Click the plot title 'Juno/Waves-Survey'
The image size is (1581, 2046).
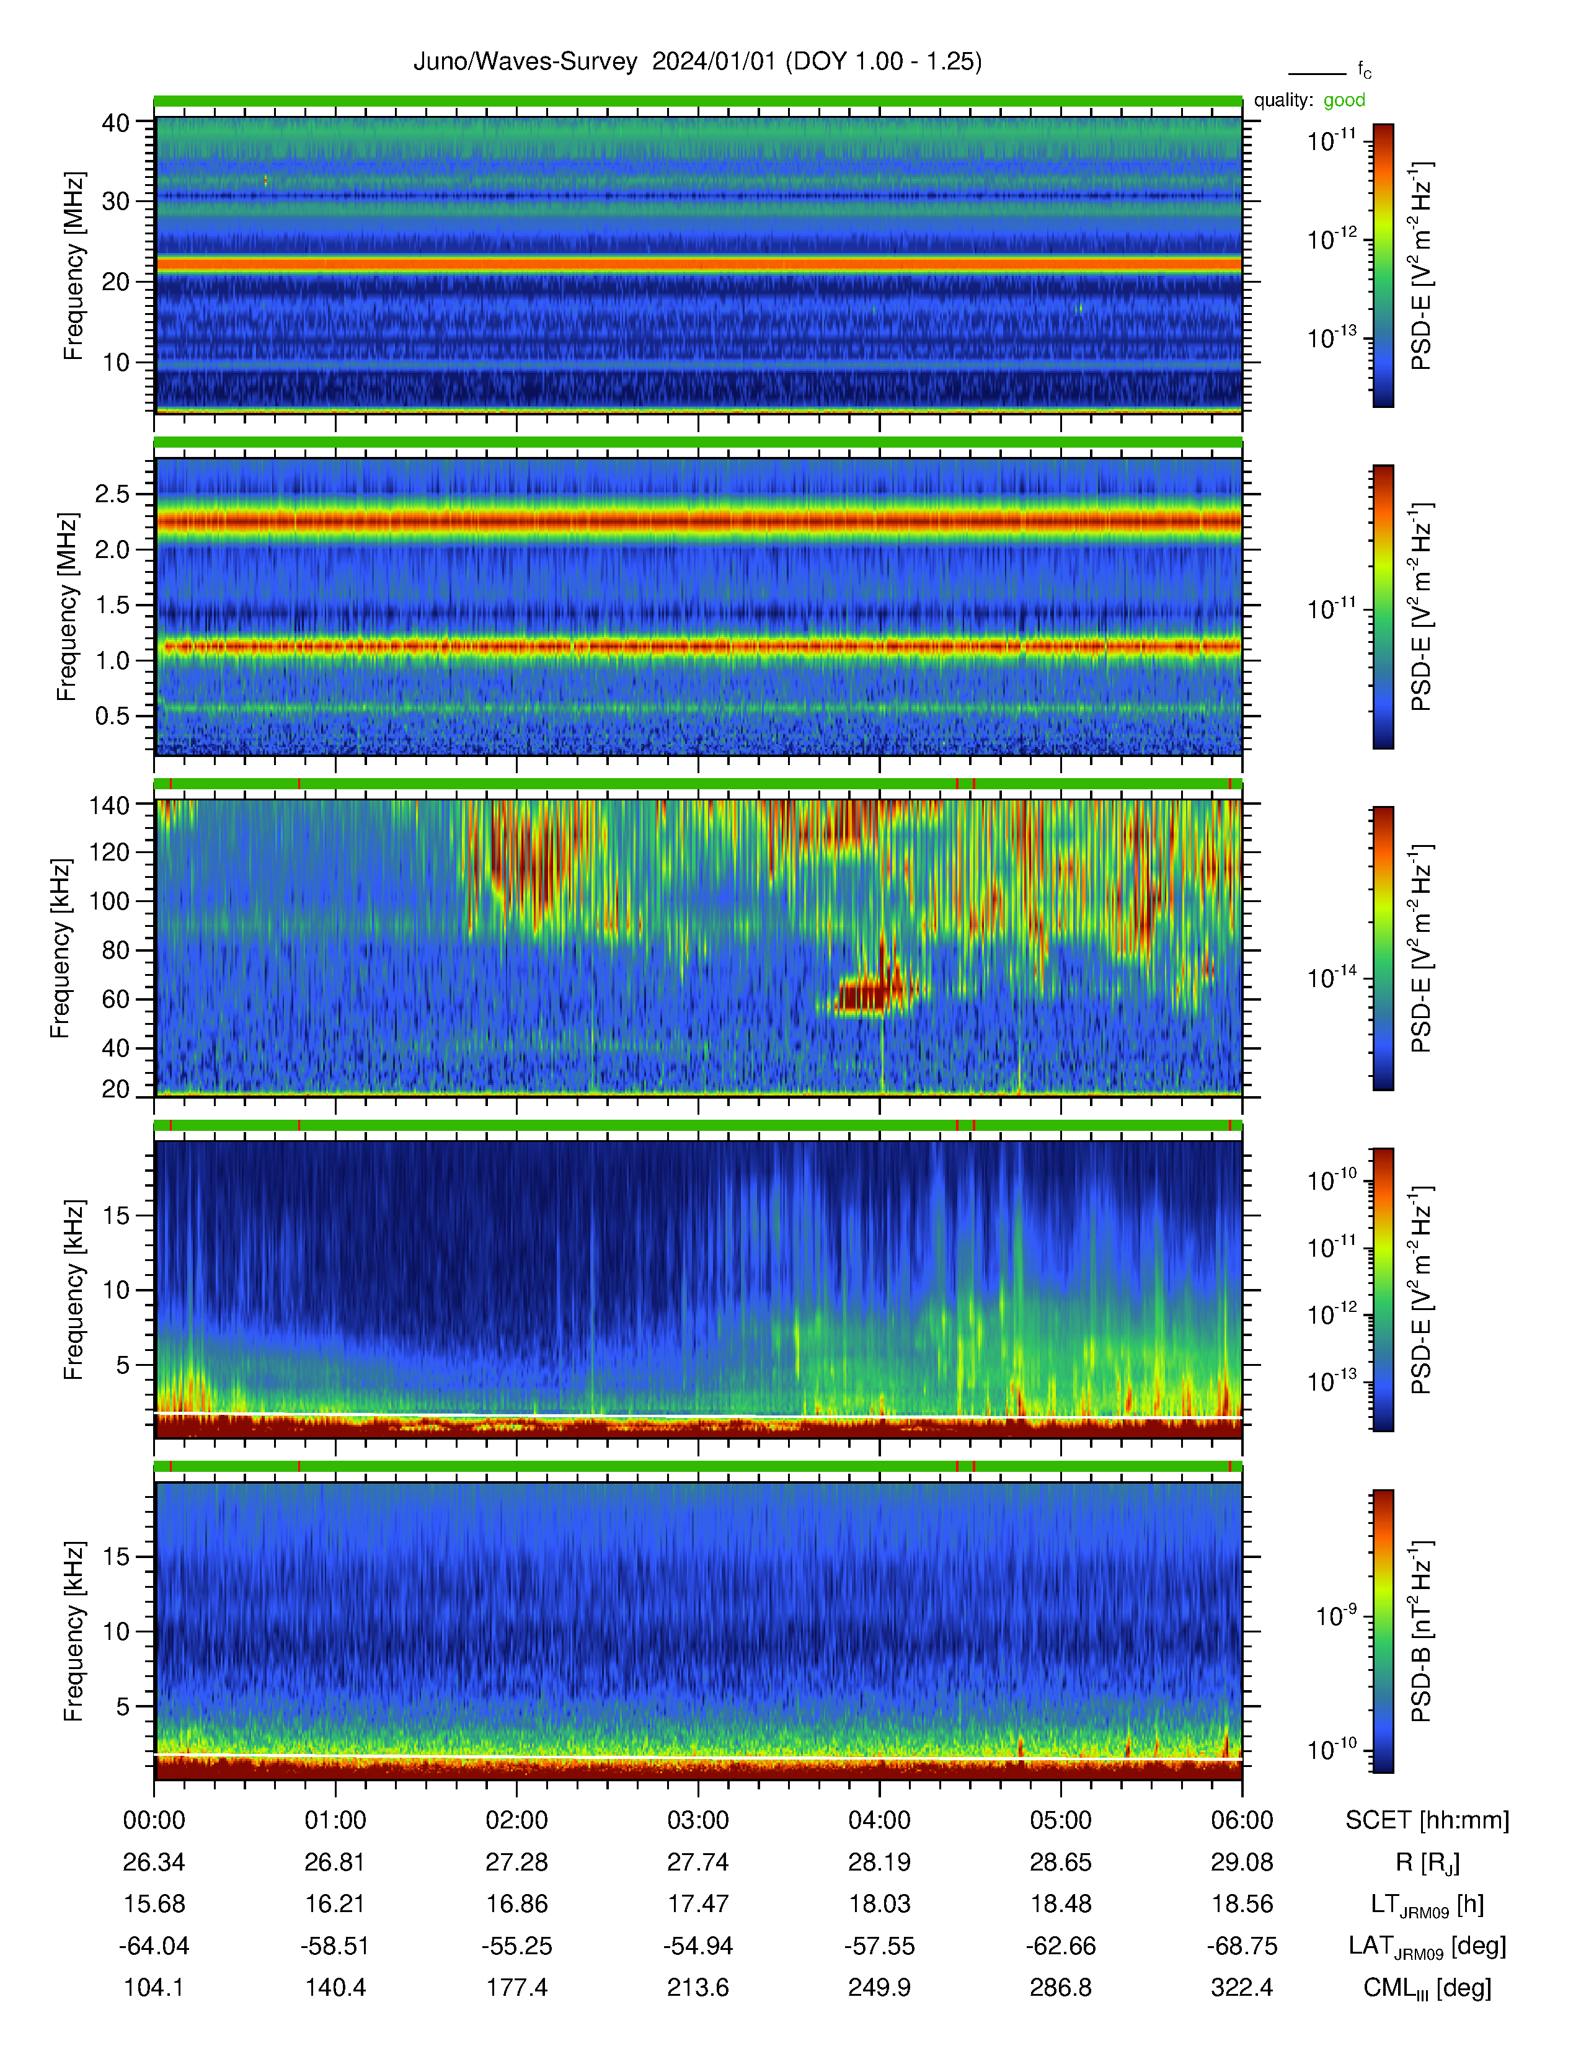click(525, 62)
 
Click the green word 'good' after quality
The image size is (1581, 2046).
click(1344, 100)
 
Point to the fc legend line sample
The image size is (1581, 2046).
click(1317, 73)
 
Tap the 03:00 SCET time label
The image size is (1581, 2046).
click(697, 1820)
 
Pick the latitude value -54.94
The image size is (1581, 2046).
click(697, 1946)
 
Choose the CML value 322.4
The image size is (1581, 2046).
click(1242, 1988)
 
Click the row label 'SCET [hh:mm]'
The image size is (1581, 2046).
click(1427, 1820)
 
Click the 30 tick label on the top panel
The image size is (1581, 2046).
click(116, 201)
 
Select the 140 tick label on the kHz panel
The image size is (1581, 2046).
click(108, 805)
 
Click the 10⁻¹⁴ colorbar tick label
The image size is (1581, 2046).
click(1332, 977)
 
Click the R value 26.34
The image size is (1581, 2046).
click(154, 1862)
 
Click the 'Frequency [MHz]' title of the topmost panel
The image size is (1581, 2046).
click(73, 266)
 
